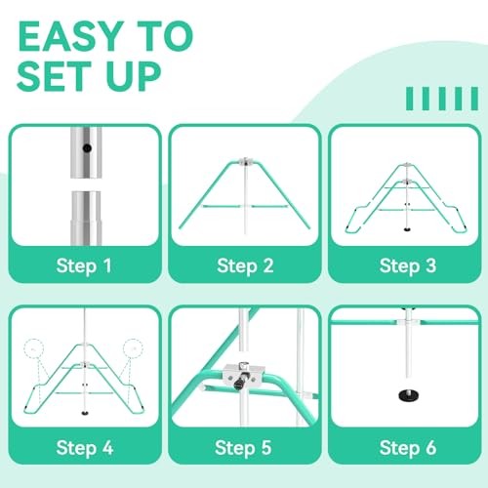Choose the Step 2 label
244,264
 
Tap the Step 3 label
406,264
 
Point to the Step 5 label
244,448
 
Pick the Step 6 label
406,448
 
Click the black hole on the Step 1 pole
87,150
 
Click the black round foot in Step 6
406,397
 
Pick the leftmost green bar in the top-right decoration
409,99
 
